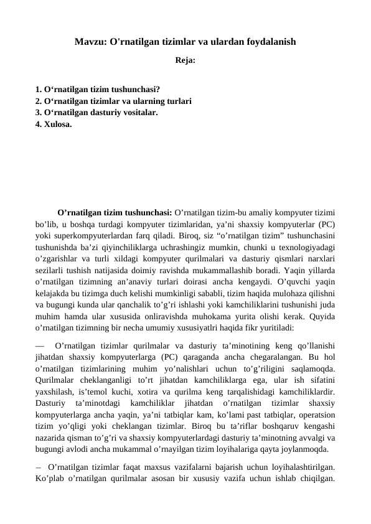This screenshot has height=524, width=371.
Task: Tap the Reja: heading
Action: click(x=185, y=62)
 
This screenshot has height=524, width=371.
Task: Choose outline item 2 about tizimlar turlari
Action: click(x=113, y=100)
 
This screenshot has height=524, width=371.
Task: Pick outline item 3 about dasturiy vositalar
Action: click(x=96, y=113)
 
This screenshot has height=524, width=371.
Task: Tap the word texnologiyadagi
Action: click(x=305, y=248)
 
